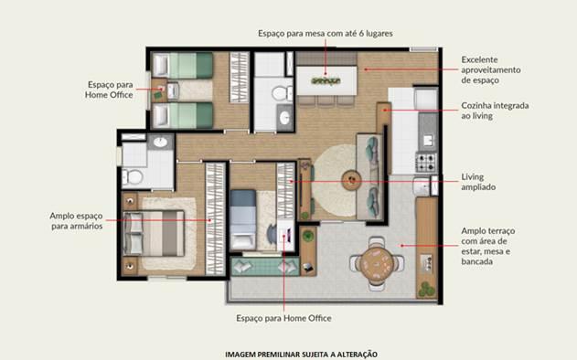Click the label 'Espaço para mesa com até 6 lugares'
[x=326, y=34]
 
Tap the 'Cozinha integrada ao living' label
[x=495, y=111]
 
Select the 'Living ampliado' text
[x=478, y=182]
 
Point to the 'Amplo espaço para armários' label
[x=76, y=221]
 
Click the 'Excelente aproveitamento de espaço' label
[x=491, y=69]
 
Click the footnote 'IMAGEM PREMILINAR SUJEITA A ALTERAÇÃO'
[x=301, y=355]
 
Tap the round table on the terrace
[x=376, y=265]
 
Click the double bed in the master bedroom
[x=154, y=233]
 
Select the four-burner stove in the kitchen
[x=426, y=163]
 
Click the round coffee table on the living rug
[x=351, y=180]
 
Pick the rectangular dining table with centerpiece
[x=326, y=80]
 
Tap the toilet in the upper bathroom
[x=283, y=93]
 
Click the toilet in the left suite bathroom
[x=133, y=177]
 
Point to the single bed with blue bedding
[x=243, y=219]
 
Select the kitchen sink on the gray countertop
[x=428, y=140]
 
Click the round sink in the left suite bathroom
[x=160, y=142]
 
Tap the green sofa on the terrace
[x=265, y=266]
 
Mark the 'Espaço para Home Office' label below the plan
[x=283, y=319]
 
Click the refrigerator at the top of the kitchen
[x=426, y=98]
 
